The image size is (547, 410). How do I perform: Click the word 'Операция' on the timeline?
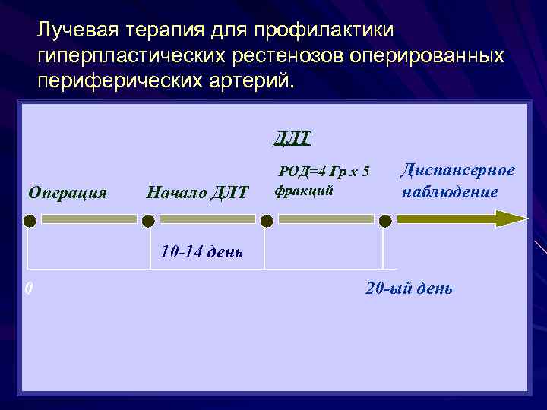tap(67, 192)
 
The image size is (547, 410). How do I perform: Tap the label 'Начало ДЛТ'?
tap(197, 193)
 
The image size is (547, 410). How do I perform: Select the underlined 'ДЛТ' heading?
tap(292, 138)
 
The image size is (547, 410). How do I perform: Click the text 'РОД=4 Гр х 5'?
tap(324, 172)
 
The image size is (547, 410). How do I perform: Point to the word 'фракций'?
tap(304, 191)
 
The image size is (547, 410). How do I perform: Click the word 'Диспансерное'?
tap(457, 170)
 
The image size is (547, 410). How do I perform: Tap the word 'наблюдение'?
tap(450, 191)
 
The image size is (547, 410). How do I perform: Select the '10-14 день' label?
tap(201, 251)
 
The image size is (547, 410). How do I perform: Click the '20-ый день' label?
tap(409, 289)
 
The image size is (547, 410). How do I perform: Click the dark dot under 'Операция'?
tap(29, 220)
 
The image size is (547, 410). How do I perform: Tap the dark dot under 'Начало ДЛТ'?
tap(148, 220)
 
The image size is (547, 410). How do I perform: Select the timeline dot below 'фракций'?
tap(267, 220)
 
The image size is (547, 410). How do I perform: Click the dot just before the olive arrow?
tap(385, 220)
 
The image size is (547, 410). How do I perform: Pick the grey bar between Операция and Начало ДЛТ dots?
tap(89, 219)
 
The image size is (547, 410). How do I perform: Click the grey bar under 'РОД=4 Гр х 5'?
tap(326, 219)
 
